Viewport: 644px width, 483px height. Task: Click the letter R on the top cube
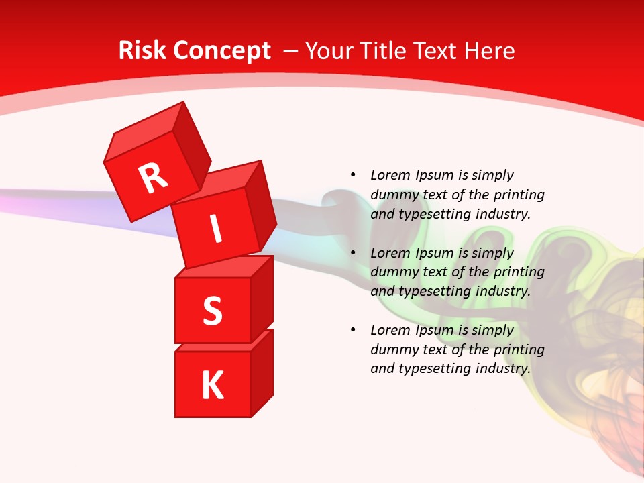coord(153,178)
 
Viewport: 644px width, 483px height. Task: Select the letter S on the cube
coord(212,311)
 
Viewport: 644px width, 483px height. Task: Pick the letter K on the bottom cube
coord(212,386)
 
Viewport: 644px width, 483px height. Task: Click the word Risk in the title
coord(142,51)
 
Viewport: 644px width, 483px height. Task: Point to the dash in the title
coord(291,52)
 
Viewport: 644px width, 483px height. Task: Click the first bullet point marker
coord(353,175)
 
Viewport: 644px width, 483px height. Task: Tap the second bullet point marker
coord(353,253)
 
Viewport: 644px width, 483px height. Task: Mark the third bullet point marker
coord(353,330)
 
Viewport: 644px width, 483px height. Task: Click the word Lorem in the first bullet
coord(390,175)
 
